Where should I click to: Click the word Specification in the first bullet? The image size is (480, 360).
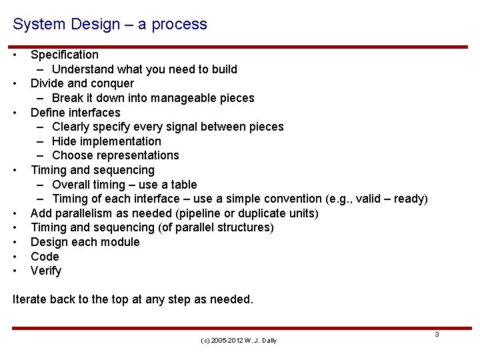pos(65,55)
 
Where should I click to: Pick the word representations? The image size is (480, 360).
pos(138,155)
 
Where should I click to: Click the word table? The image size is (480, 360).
pos(182,185)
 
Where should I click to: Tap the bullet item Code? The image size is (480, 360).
pos(45,257)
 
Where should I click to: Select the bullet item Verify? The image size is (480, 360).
pos(46,271)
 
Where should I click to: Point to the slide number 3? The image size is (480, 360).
pos(437,334)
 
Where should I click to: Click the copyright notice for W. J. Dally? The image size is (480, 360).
pos(239,341)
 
